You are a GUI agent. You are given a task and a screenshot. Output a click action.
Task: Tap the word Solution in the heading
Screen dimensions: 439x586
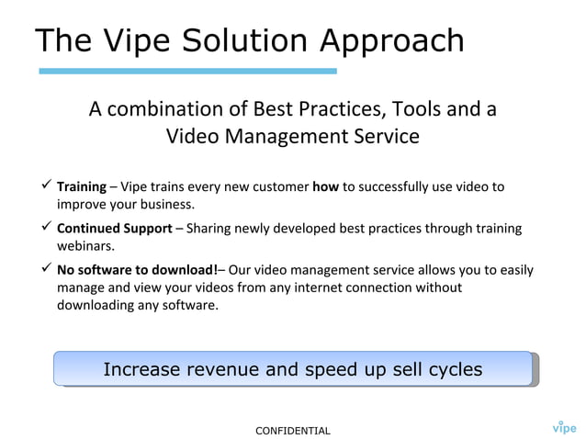pyautogui.click(x=249, y=40)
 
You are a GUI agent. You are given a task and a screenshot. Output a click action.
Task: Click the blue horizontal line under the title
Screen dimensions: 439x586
pyautogui.click(x=187, y=71)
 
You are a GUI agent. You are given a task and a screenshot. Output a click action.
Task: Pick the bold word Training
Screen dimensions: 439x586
pyautogui.click(x=82, y=186)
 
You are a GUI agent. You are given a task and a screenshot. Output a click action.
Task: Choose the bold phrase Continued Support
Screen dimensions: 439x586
pyautogui.click(x=114, y=229)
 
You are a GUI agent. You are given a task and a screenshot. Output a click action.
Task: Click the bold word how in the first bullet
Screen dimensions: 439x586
pyautogui.click(x=325, y=186)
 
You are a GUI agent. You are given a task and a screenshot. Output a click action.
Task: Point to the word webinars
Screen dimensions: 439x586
pyautogui.click(x=85, y=246)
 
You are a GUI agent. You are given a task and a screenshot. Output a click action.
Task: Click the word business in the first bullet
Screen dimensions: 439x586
pyautogui.click(x=165, y=204)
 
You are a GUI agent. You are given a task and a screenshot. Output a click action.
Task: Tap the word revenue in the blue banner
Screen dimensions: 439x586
pyautogui.click(x=230, y=369)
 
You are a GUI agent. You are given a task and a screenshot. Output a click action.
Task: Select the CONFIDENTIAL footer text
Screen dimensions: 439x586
pyautogui.click(x=292, y=430)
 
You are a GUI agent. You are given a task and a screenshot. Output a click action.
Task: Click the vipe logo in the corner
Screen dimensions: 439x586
pyautogui.click(x=564, y=426)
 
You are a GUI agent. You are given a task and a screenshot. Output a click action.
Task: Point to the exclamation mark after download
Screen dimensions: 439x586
pyautogui.click(x=216, y=271)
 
